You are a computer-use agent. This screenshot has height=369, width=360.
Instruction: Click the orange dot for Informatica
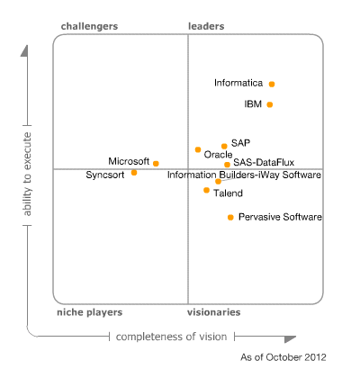272,84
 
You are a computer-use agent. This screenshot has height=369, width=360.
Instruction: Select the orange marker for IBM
270,104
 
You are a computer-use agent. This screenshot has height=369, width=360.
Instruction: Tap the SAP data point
224,145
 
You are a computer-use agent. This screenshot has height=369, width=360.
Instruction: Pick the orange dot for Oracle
198,149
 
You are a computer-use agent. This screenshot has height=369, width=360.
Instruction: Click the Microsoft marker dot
156,163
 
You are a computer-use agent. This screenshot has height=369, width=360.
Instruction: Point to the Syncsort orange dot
134,172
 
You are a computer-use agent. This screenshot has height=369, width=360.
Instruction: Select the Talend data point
206,190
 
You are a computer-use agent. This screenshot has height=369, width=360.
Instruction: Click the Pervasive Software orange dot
230,217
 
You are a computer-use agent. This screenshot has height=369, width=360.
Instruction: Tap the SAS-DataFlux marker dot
227,165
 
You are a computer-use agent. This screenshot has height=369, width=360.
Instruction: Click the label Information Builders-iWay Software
244,175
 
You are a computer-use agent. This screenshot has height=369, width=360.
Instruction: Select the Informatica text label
238,83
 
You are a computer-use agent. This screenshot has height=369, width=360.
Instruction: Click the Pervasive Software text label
280,217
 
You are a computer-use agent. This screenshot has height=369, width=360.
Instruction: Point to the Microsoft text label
129,161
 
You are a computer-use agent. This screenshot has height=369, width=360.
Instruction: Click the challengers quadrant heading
89,26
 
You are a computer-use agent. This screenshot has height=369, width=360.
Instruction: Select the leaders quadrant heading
206,26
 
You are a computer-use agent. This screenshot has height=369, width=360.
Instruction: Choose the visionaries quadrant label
213,311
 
